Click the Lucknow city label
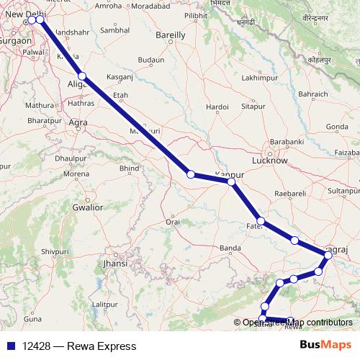click(275, 161)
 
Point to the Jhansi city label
click(115, 264)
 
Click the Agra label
click(77, 123)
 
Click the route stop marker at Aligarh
click(82, 76)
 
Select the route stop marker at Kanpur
click(231, 182)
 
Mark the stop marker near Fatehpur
click(261, 221)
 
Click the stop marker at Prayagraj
click(328, 255)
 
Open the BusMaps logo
click(325, 346)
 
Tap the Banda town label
click(230, 248)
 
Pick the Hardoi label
click(216, 107)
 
